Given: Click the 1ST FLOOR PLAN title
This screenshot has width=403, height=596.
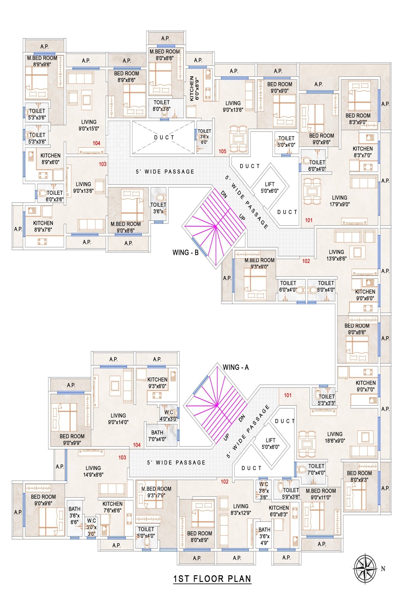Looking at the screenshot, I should coord(212,578).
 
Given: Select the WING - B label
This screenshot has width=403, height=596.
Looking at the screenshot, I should coord(185,252).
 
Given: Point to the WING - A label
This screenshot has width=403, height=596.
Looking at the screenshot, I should coord(236,367).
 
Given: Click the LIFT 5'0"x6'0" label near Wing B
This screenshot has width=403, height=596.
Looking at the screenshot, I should coord(270,188).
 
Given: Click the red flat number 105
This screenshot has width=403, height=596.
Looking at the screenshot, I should coord(222,151).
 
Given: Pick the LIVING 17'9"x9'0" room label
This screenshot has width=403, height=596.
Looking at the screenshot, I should coord(339,201).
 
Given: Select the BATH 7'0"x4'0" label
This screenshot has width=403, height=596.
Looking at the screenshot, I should coord(157,436).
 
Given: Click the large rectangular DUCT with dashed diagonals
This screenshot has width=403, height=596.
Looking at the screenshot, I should coord(164,137).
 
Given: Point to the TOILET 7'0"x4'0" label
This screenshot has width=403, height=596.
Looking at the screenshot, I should coord(316,469).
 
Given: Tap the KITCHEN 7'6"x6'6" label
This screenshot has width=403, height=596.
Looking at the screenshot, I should coord(112,507).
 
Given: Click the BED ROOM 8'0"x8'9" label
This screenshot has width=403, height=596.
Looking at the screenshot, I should coord(199,536).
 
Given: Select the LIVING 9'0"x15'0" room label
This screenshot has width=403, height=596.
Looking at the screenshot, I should coord(89,125).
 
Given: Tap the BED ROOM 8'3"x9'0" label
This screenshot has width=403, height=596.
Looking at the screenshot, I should coord(358,119).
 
